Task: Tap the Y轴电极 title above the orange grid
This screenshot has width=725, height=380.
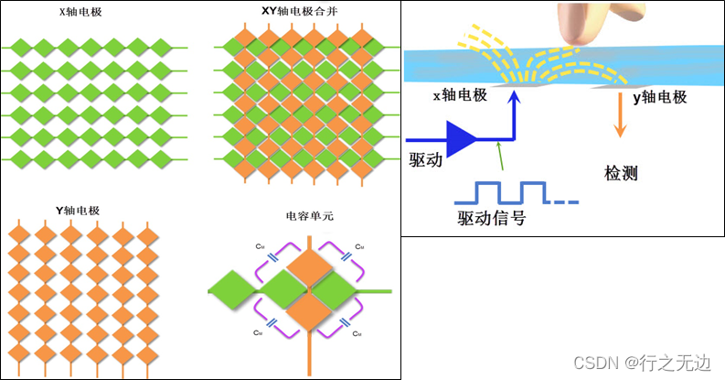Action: (x=77, y=210)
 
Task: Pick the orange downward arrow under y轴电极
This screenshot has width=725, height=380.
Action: (x=619, y=119)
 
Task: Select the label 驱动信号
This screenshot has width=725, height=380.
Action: (x=491, y=220)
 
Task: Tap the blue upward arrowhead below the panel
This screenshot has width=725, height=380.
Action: (x=514, y=103)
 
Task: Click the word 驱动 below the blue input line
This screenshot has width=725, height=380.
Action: (x=424, y=159)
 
